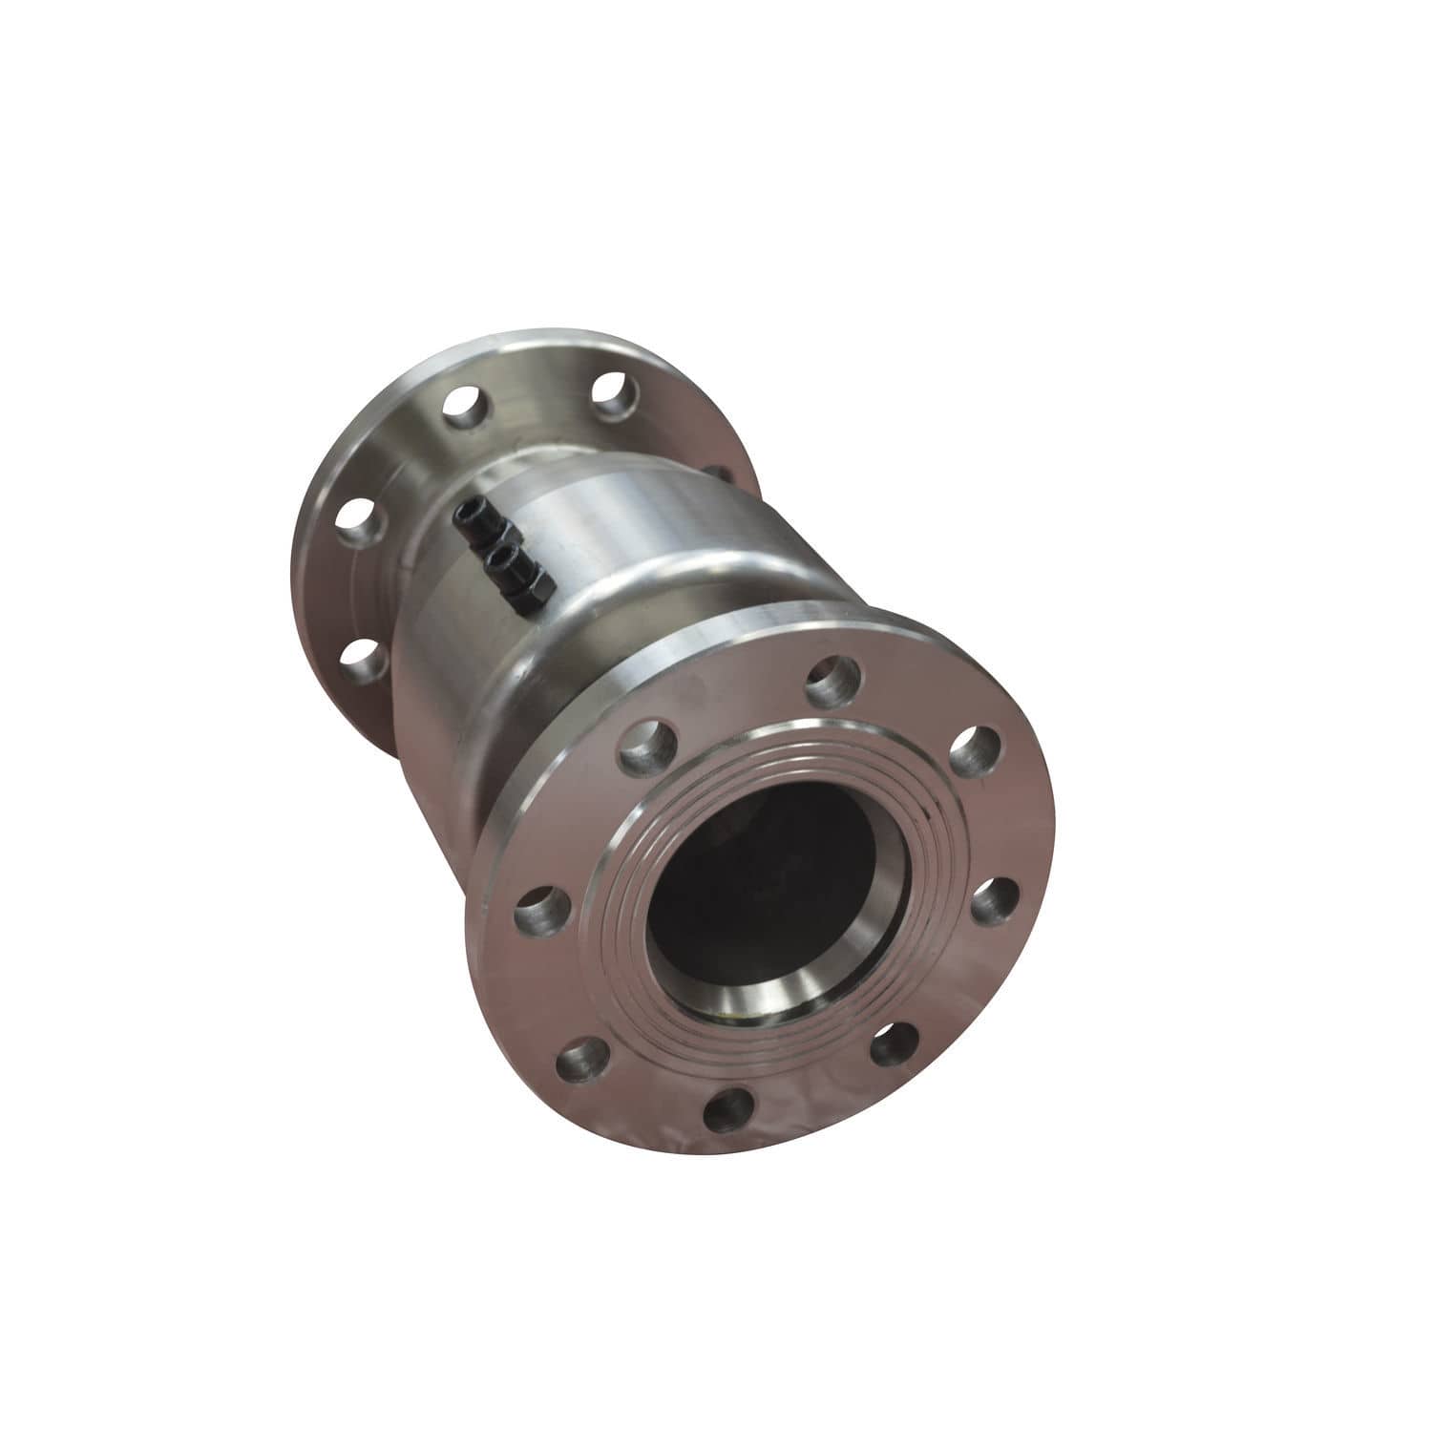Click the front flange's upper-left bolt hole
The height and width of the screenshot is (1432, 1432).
(x=648, y=746)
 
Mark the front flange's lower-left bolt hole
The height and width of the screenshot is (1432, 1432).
(x=581, y=1059)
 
